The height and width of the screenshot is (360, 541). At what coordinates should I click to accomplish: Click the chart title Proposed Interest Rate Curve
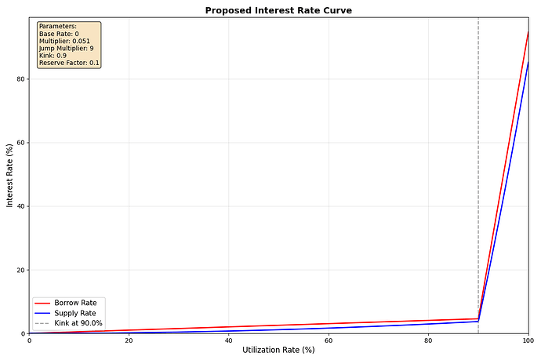click(x=278, y=11)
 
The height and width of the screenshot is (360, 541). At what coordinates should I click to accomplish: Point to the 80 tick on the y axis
click(x=20, y=79)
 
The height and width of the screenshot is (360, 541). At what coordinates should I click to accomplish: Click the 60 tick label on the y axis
click(x=20, y=143)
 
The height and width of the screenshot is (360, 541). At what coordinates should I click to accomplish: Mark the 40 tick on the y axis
click(x=20, y=206)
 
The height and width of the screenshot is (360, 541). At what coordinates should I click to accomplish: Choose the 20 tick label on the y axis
click(x=20, y=270)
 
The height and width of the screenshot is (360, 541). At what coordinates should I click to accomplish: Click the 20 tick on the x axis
click(x=129, y=340)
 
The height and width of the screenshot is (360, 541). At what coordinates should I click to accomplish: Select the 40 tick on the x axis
click(x=228, y=340)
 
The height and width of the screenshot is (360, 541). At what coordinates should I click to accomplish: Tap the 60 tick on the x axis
click(x=329, y=340)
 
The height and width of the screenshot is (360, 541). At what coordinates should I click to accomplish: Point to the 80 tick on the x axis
click(x=428, y=340)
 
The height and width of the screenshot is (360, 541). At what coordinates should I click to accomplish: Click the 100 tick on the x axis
click(x=527, y=340)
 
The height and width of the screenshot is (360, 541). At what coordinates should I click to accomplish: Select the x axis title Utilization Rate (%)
click(x=278, y=350)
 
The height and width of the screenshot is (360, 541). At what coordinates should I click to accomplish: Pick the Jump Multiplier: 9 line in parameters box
click(x=66, y=49)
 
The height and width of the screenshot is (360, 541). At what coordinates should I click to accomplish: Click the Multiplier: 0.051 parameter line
click(x=64, y=41)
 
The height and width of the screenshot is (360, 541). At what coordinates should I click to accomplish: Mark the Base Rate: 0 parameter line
click(x=59, y=34)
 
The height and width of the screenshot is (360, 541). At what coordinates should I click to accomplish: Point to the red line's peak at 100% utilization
click(x=528, y=32)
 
